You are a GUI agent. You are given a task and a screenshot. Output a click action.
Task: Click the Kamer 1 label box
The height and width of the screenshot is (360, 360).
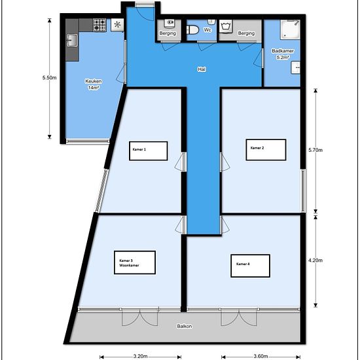[x=149, y=151]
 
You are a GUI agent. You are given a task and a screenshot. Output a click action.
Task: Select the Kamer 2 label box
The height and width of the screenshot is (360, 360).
[x=266, y=149]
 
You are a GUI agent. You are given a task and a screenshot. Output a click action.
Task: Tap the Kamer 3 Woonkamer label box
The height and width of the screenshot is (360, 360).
[x=135, y=262]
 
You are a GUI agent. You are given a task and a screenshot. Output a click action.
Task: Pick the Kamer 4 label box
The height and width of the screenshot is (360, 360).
[x=250, y=266]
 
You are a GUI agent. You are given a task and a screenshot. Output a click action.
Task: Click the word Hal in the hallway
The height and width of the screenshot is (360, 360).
[x=202, y=69]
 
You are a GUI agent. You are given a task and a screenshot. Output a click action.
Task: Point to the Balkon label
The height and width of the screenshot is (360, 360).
[x=185, y=326]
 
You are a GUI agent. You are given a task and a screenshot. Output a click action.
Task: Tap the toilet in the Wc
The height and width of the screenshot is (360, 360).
[x=192, y=30]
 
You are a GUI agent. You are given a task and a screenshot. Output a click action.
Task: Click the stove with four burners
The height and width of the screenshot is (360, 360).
[x=99, y=25]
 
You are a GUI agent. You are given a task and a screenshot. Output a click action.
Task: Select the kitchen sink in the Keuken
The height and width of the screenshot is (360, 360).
[x=72, y=41]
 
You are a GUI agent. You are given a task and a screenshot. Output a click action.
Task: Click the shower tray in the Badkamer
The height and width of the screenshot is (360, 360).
[x=290, y=29]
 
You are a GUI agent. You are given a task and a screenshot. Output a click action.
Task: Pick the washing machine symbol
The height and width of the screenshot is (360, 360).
[x=226, y=26]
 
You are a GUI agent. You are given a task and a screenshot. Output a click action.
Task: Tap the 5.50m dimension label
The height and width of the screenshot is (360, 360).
[x=49, y=78]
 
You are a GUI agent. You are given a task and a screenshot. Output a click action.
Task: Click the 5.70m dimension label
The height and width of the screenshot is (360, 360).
[x=315, y=150]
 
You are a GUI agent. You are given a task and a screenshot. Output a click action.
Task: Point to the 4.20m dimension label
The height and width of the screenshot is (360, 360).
[x=315, y=261]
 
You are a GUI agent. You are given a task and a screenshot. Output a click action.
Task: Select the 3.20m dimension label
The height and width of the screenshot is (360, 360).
[x=141, y=356]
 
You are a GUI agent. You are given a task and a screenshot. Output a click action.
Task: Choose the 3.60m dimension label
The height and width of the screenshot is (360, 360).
[x=261, y=356]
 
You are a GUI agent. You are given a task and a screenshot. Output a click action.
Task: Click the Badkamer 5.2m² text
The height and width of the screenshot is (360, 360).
[x=283, y=54]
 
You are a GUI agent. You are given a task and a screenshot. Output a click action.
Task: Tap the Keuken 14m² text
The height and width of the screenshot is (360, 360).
[x=94, y=84]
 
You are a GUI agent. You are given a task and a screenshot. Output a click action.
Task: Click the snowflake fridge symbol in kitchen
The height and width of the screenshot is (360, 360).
[x=117, y=25]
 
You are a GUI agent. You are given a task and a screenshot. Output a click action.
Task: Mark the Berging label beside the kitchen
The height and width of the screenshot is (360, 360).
[x=168, y=33]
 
